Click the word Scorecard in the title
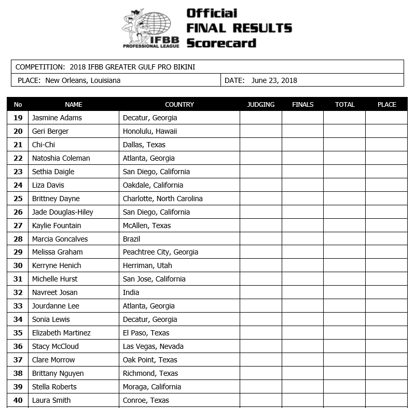coord(221,43)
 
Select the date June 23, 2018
coord(274,80)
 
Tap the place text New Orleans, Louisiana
coord(83,80)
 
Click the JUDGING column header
coord(260,104)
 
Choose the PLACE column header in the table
coord(386,104)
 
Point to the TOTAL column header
coord(344,104)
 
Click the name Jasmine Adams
coord(57,118)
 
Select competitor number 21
coord(18,145)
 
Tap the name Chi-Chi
coord(44,145)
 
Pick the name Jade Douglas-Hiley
coord(63,212)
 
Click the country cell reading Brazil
coord(132,239)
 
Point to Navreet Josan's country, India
coord(131,292)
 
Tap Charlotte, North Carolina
coord(163,199)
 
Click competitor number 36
coord(18,346)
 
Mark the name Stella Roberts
coord(54,387)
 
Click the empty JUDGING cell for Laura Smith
coord(260,400)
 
